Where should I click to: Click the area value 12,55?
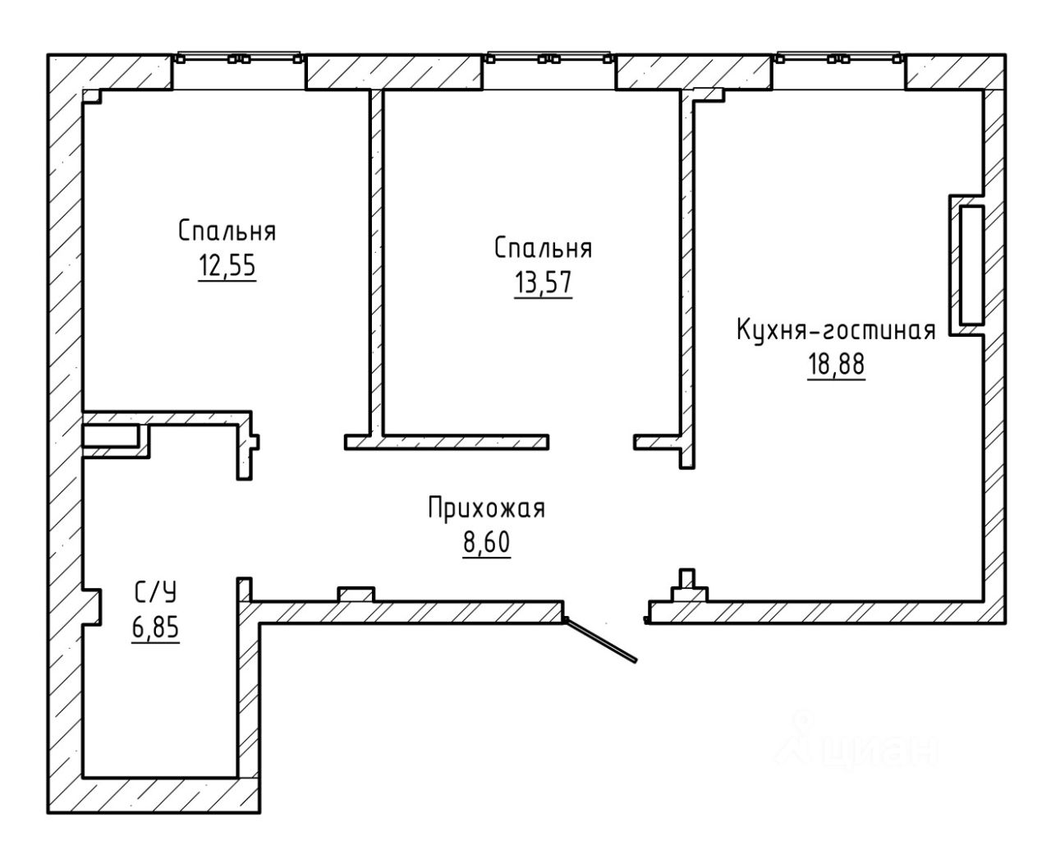tap(227, 265)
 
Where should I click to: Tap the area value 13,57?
tap(543, 283)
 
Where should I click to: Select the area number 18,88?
tap(836, 364)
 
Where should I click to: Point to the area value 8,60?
tap(486, 542)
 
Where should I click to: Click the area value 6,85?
tap(155, 627)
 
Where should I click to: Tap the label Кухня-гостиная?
tap(836, 330)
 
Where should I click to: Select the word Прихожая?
tap(487, 508)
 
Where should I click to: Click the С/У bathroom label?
tap(155, 593)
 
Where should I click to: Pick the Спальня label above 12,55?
tap(227, 232)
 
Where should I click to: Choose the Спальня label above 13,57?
tap(544, 248)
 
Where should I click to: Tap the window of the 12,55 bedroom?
tap(239, 57)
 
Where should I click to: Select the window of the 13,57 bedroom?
tap(548, 57)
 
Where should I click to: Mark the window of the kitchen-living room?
tap(838, 57)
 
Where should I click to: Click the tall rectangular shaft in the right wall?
tap(971, 265)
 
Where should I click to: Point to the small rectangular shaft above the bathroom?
tap(111, 436)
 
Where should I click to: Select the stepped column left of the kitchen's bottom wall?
tap(688, 586)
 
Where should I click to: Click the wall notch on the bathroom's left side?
tap(92, 607)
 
